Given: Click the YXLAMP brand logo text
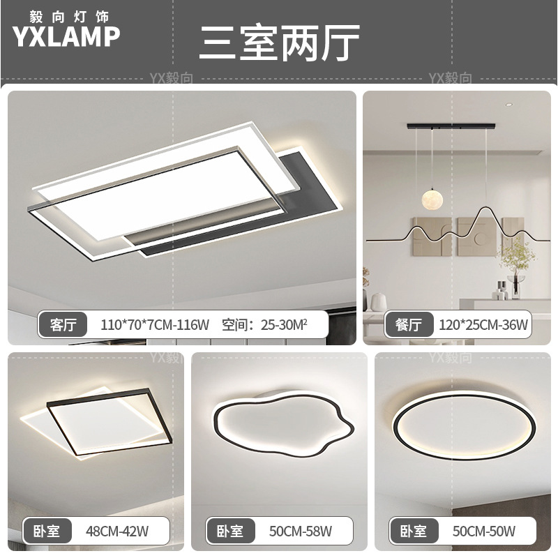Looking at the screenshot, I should click(x=66, y=37).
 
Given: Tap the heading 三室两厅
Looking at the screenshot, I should click(x=279, y=43).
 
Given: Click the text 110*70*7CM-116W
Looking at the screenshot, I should click(x=155, y=324).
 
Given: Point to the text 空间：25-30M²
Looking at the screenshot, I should click(x=264, y=324).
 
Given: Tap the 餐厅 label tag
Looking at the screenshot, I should click(x=409, y=324).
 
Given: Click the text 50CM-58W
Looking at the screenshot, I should click(x=301, y=531).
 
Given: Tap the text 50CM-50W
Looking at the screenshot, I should click(x=484, y=531).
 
